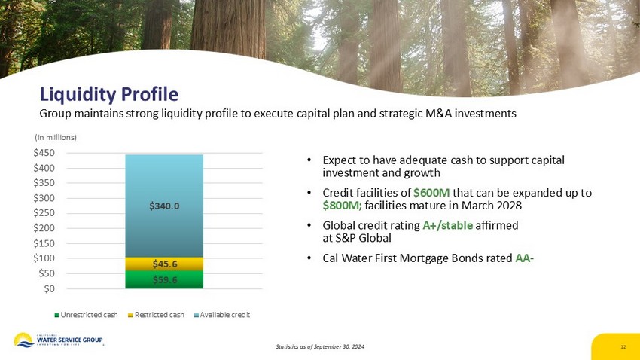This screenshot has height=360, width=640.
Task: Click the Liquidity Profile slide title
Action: pyautogui.click(x=109, y=94)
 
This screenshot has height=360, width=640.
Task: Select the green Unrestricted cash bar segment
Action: pyautogui.click(x=164, y=279)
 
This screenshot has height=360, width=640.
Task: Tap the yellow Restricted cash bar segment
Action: pyautogui.click(x=164, y=264)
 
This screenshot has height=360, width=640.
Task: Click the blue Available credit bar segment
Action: pyautogui.click(x=164, y=206)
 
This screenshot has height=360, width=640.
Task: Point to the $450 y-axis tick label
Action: pyautogui.click(x=44, y=153)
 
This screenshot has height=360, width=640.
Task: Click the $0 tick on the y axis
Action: pyautogui.click(x=49, y=288)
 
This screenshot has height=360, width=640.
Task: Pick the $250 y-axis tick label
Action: pyautogui.click(x=44, y=213)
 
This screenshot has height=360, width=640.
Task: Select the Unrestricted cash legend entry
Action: pyautogui.click(x=86, y=315)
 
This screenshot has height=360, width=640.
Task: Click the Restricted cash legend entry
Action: pyautogui.click(x=156, y=315)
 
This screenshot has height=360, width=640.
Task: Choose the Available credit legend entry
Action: pyautogui.click(x=221, y=315)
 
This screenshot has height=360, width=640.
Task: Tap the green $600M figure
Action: pyautogui.click(x=431, y=193)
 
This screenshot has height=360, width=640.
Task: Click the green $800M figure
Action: pyautogui.click(x=342, y=206)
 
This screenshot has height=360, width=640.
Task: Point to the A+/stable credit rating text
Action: pyautogui.click(x=447, y=225)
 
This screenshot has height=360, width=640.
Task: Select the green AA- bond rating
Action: pyautogui.click(x=525, y=258)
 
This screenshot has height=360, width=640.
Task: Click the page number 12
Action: pyautogui.click(x=623, y=347)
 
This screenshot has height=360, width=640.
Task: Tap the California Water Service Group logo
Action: pyautogui.click(x=59, y=340)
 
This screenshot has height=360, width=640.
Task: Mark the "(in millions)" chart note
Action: pyautogui.click(x=56, y=138)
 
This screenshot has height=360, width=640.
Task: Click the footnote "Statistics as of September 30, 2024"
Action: pyautogui.click(x=320, y=346)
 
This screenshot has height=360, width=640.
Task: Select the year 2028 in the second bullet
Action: pyautogui.click(x=510, y=205)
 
